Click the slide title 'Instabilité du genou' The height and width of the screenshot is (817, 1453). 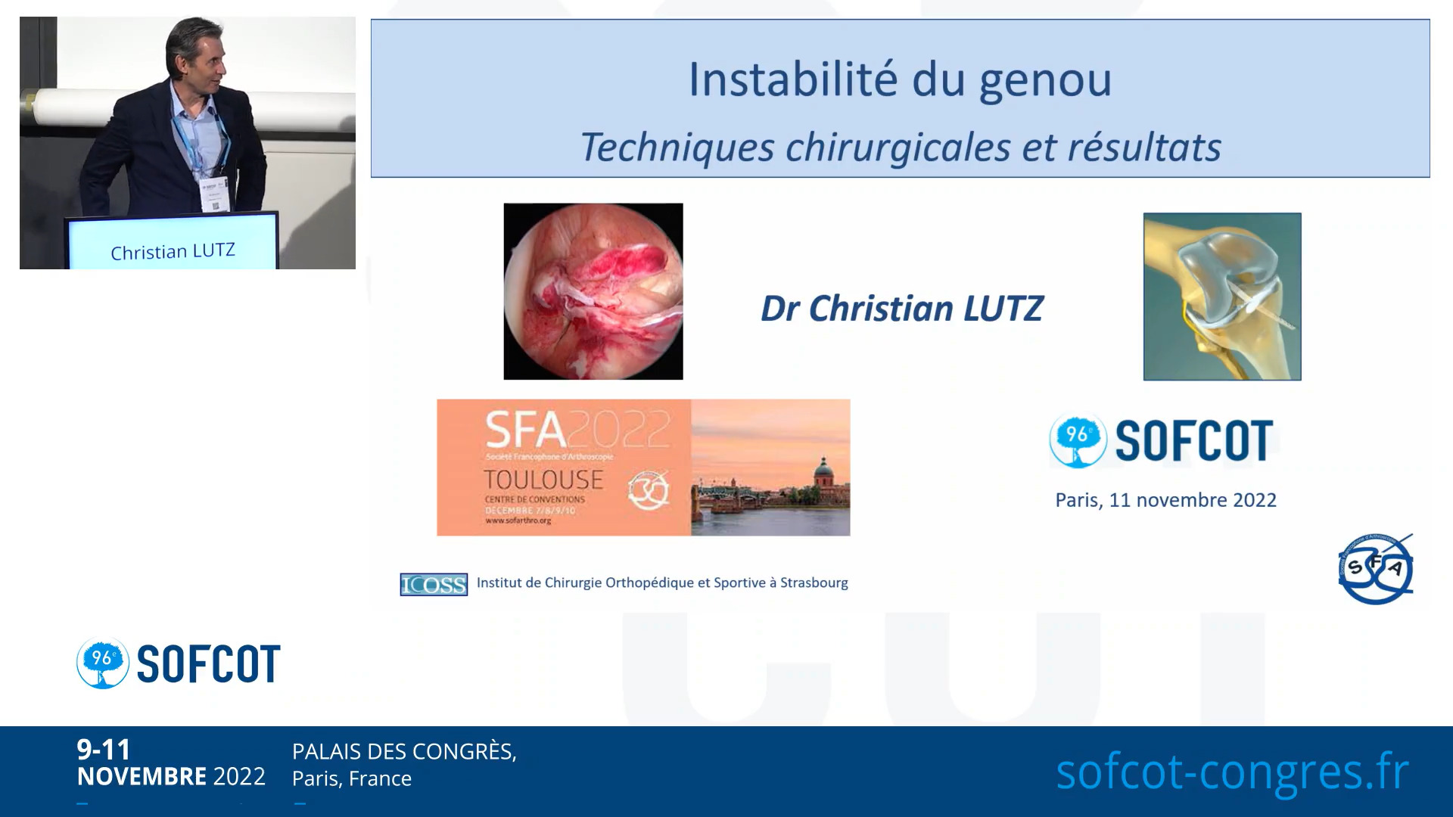(x=899, y=80)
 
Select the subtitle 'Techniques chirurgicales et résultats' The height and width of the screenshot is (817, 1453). (x=900, y=147)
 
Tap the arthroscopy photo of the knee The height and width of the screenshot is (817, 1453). (x=593, y=291)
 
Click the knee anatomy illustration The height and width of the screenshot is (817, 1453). (x=1221, y=297)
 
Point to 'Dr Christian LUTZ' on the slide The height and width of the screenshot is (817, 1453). (x=901, y=309)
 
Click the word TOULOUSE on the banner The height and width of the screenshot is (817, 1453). (x=543, y=480)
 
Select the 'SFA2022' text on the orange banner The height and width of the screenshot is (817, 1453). (x=577, y=430)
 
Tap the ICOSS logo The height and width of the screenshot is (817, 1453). (x=434, y=584)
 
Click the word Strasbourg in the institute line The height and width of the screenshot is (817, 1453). (x=814, y=582)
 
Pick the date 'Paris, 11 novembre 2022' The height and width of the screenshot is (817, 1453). (x=1165, y=500)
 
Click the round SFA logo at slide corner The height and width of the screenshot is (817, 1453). (x=1375, y=569)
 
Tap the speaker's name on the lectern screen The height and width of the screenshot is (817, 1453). (x=173, y=251)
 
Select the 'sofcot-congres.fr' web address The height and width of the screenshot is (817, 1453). (x=1232, y=772)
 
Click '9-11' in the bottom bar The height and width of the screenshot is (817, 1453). (x=104, y=750)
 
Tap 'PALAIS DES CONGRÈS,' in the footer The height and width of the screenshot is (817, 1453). (x=404, y=751)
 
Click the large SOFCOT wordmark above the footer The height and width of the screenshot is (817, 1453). (x=208, y=664)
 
